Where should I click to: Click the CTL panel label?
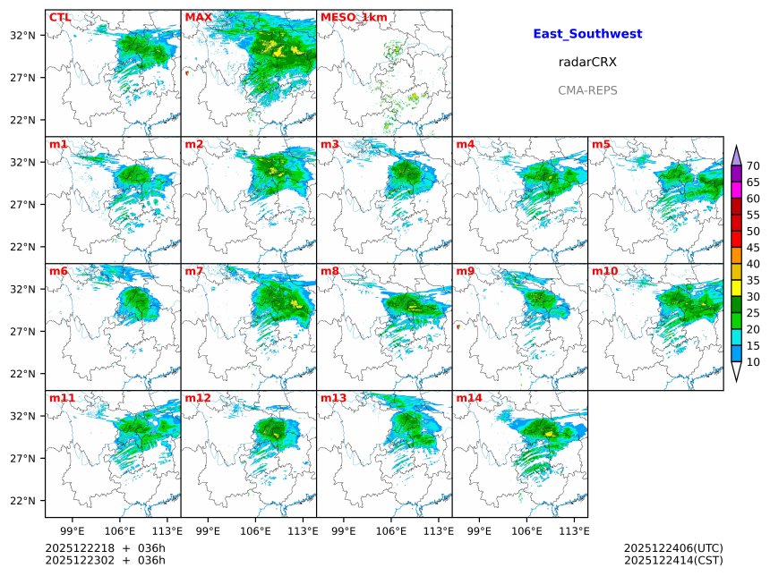pos(60,17)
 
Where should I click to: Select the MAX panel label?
pos(198,17)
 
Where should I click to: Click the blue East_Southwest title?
pos(587,34)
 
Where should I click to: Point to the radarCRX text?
pos(587,63)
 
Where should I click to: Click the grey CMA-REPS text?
pos(587,90)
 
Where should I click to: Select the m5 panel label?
pos(600,144)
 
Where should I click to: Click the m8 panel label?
pos(329,271)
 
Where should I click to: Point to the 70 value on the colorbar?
pos(753,166)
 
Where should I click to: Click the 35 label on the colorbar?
pos(753,280)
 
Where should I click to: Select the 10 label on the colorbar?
pos(753,362)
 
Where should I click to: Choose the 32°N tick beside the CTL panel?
pos(23,36)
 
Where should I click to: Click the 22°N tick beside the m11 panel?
pos(23,501)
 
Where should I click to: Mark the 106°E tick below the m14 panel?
pos(526,531)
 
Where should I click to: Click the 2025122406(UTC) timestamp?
pos(672,547)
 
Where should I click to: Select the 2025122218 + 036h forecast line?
pos(106,547)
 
